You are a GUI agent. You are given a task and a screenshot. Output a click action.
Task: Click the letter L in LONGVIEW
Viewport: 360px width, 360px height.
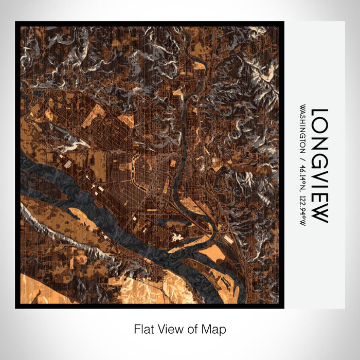[x=319, y=114]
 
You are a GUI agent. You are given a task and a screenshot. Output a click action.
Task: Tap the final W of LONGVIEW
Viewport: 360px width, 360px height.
[x=319, y=214]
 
